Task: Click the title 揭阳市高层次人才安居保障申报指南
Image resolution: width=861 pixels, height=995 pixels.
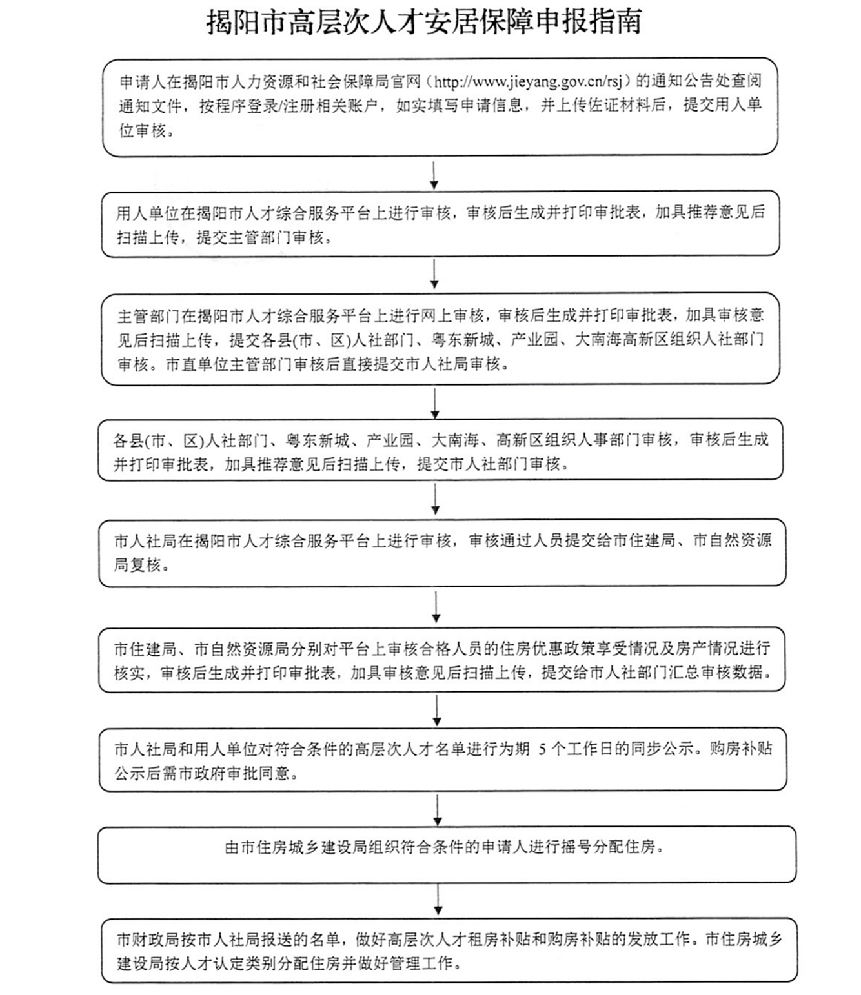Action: [x=424, y=23]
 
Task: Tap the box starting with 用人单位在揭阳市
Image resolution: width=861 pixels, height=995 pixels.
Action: [x=440, y=224]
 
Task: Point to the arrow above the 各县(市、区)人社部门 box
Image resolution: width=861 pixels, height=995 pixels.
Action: [x=435, y=404]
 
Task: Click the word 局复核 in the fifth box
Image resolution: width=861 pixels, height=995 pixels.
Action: [x=137, y=566]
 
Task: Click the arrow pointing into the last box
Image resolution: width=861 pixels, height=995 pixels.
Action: [x=438, y=900]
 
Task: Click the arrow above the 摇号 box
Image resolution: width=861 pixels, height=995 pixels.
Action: [x=438, y=811]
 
